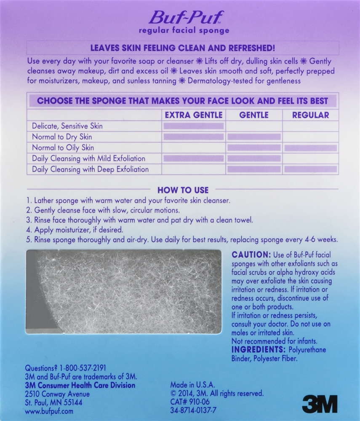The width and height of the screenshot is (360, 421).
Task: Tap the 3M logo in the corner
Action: click(320, 403)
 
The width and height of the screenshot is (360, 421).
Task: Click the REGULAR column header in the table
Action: click(311, 115)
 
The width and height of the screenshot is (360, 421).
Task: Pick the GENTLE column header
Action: click(253, 115)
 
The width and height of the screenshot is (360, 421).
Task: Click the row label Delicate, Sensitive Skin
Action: click(67, 126)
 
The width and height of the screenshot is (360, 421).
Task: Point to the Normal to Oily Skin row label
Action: click(63, 148)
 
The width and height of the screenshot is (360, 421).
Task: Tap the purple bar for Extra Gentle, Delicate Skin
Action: click(193, 126)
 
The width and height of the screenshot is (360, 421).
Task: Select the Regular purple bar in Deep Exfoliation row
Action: click(311, 169)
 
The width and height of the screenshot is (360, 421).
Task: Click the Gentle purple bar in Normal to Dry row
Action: click(253, 137)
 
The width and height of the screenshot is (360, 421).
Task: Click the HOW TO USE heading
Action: click(183, 190)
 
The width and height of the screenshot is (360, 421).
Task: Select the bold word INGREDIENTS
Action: click(259, 350)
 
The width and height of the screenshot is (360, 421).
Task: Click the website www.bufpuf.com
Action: click(50, 411)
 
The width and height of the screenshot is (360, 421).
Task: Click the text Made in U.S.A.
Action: click(192, 385)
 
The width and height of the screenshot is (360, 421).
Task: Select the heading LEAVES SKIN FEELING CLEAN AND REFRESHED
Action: click(183, 48)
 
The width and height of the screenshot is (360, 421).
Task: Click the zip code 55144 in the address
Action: click(72, 402)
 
